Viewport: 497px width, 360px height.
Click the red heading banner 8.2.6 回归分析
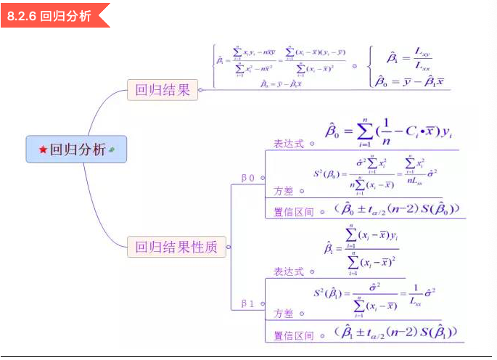[x=51, y=15]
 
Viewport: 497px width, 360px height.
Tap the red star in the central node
[x=43, y=150]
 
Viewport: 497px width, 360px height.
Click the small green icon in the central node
[x=112, y=150]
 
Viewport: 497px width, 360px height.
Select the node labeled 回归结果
[x=162, y=90]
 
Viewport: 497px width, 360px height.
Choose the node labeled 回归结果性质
[x=176, y=247]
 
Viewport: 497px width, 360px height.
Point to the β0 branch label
[x=247, y=177]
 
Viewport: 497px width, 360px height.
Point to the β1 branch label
[x=247, y=303]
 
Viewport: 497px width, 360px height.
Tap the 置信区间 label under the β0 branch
[x=293, y=212]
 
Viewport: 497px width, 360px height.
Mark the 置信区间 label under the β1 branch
[x=293, y=336]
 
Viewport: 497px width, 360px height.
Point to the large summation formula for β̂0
[x=389, y=131]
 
